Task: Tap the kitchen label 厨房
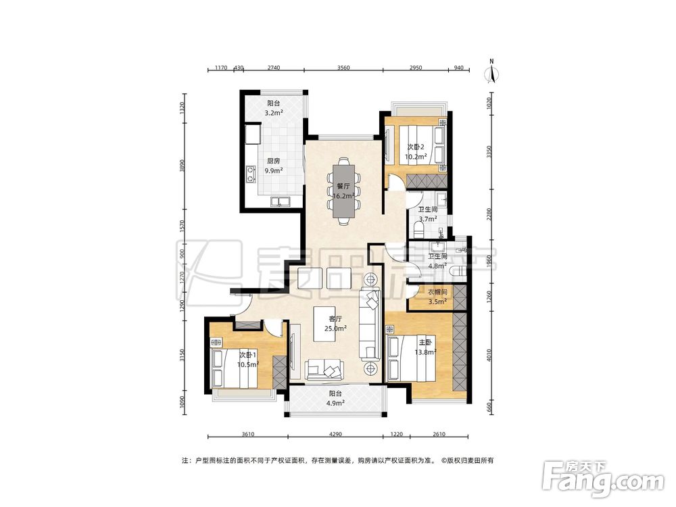(x=273, y=161)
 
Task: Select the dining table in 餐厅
(x=343, y=191)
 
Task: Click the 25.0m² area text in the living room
(x=335, y=329)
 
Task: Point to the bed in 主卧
(x=412, y=359)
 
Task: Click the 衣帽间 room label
(x=437, y=292)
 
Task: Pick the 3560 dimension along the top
(x=343, y=68)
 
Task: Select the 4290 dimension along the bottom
(x=335, y=434)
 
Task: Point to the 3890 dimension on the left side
(x=183, y=166)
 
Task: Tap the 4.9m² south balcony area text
(x=335, y=404)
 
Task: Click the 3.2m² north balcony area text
(x=273, y=113)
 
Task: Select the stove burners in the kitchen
(x=250, y=174)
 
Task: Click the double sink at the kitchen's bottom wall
(x=280, y=201)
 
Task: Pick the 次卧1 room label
(x=248, y=355)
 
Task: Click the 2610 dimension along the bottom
(x=439, y=434)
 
